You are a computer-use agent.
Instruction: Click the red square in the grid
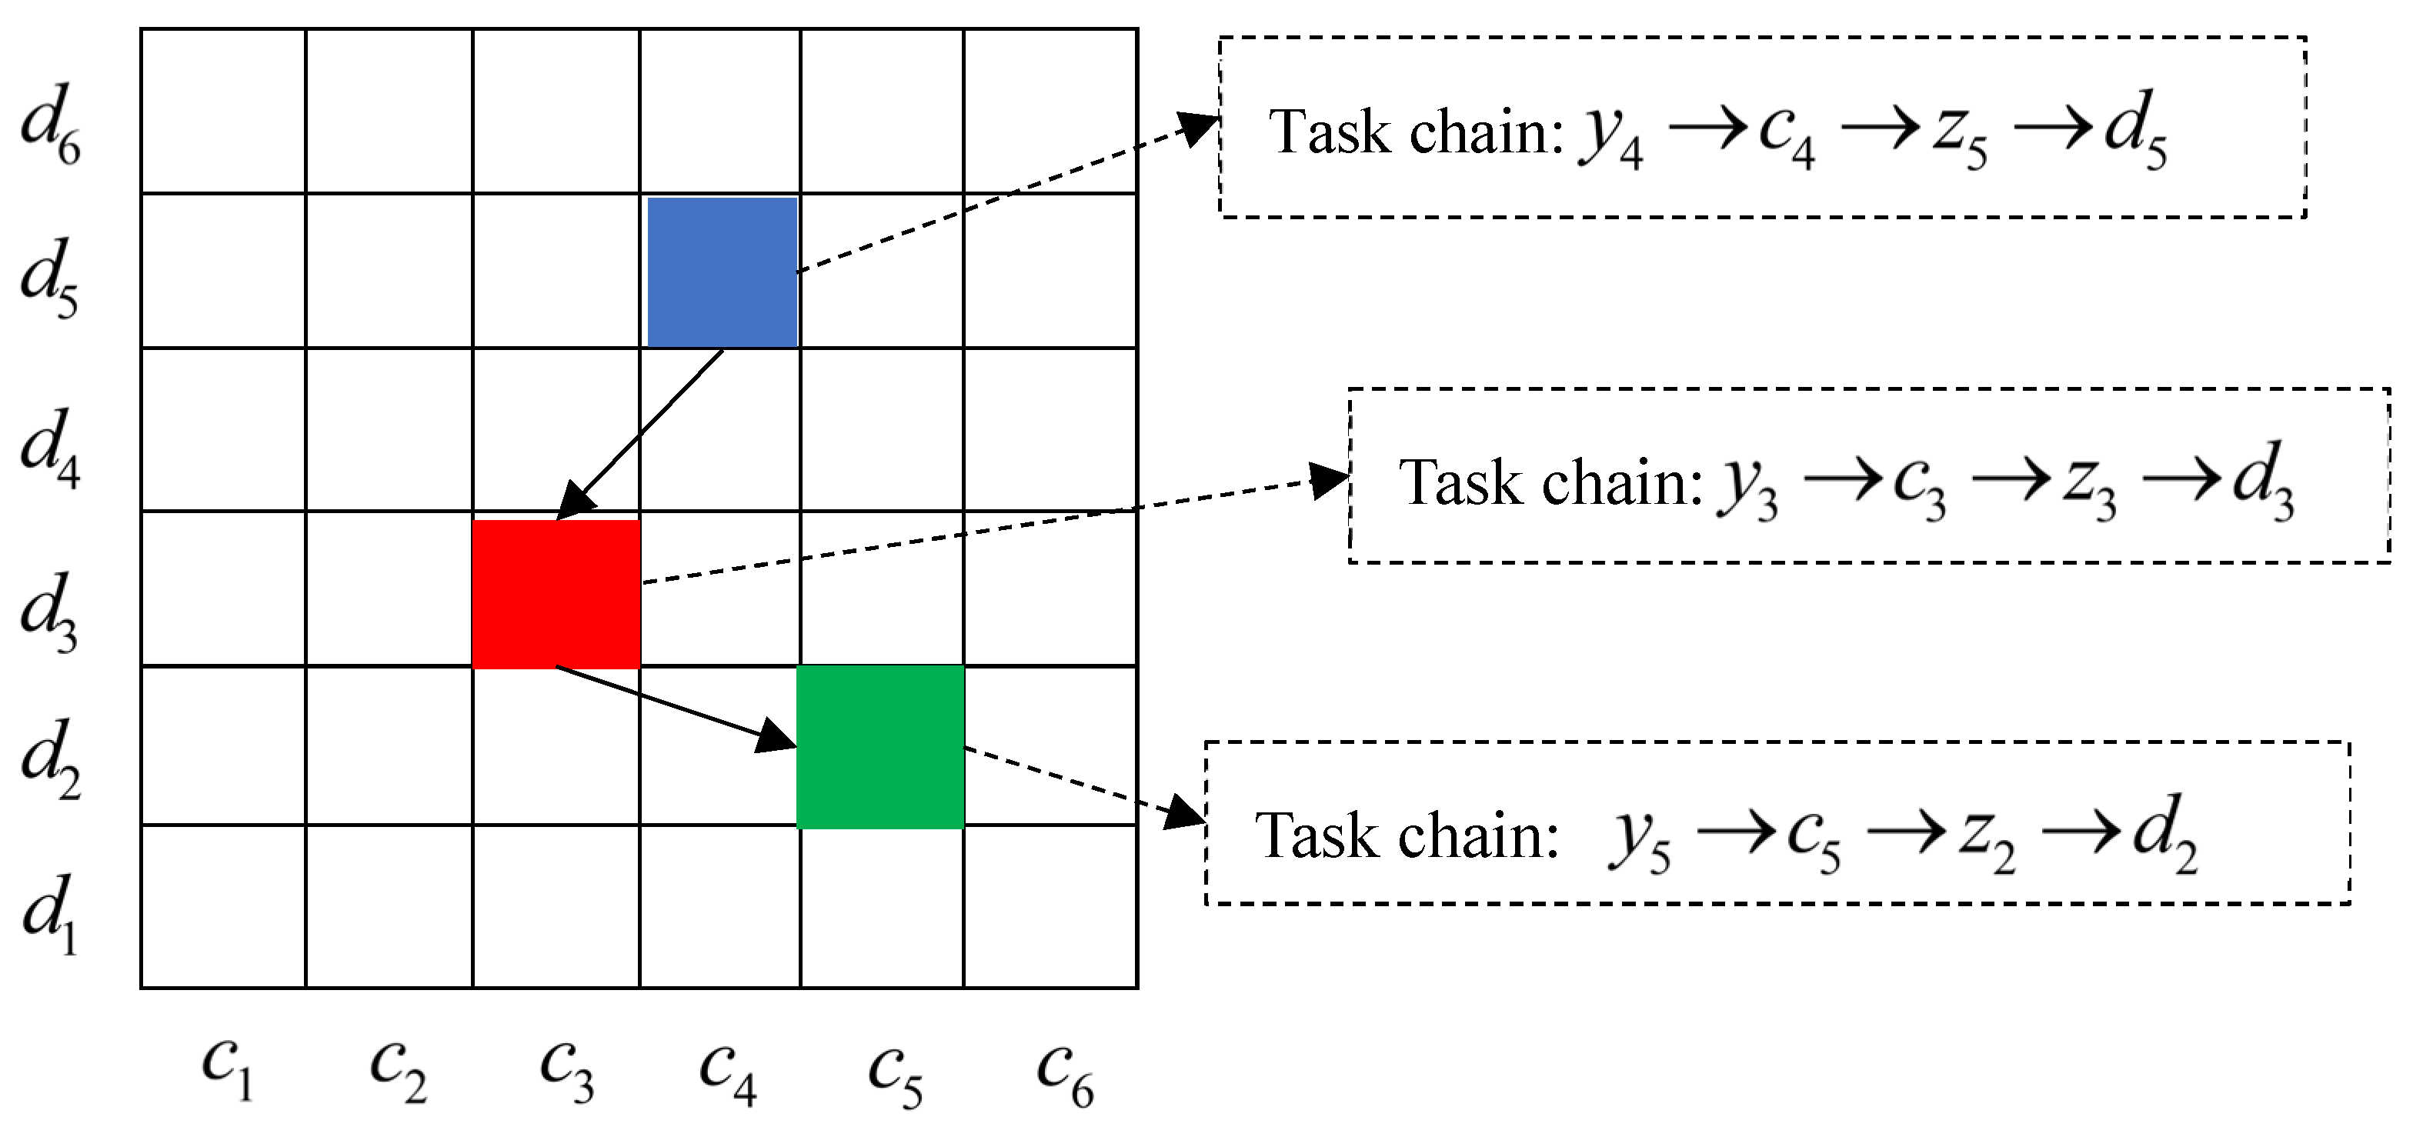pos(556,594)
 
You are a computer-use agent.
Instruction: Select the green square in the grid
pos(879,746)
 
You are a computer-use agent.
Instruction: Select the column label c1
pos(227,1069)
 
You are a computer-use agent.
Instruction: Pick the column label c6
pos(1064,1073)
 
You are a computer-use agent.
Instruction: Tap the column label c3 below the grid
pos(566,1072)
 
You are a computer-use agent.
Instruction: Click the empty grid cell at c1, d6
pos(223,111)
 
